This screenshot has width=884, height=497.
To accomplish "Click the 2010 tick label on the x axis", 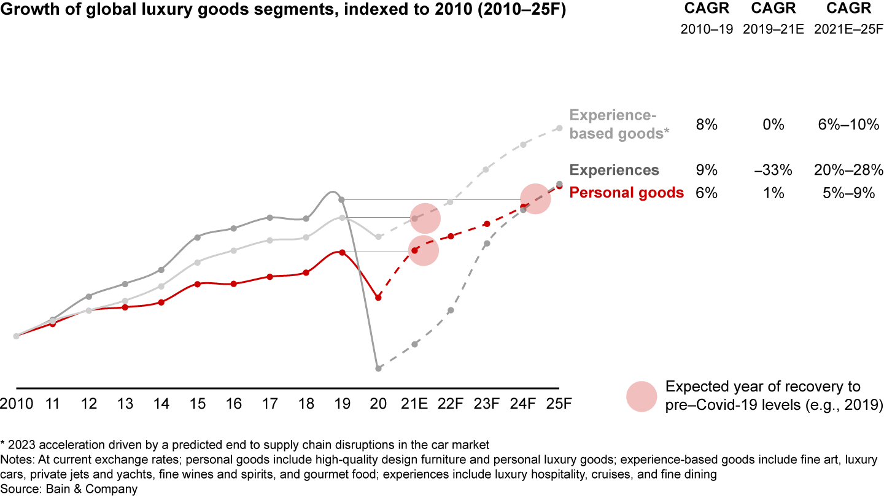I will (x=17, y=405).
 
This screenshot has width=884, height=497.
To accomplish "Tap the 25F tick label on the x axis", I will (x=559, y=405).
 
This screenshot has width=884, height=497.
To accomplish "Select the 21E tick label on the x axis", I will (x=414, y=405).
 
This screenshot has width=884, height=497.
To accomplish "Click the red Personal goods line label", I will (x=626, y=193).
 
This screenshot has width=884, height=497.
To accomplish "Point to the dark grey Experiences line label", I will (x=614, y=170).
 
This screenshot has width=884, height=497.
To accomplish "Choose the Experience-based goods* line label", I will (x=619, y=125).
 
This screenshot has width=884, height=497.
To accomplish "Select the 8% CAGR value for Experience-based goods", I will (x=707, y=125).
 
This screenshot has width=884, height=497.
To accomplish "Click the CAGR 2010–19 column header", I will (x=707, y=19).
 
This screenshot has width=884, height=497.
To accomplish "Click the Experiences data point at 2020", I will (x=379, y=368).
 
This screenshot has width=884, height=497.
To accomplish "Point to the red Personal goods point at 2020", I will (x=379, y=298).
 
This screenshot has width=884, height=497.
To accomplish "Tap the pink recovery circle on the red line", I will (x=423, y=250).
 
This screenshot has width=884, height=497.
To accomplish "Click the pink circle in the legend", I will (x=642, y=396).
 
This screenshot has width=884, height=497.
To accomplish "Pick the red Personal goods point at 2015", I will (x=197, y=284).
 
